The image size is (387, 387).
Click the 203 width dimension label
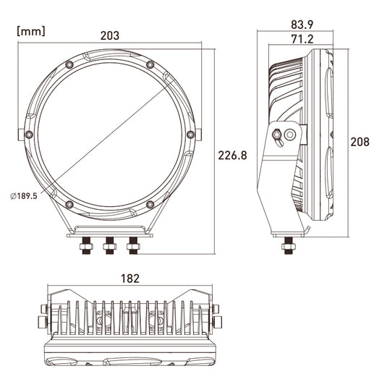tap(110, 35)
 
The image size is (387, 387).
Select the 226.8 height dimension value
tap(232, 156)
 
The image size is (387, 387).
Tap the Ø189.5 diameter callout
tap(24, 196)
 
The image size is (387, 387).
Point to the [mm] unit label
tap(31, 31)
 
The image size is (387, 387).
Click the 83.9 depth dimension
tap(302, 25)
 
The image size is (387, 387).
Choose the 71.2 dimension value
tap(302, 39)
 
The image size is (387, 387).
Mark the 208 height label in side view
tap(360, 142)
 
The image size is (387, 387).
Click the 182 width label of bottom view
tap(130, 278)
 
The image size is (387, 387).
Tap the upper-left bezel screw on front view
tap(69, 64)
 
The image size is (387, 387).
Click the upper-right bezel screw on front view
tap(150, 64)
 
